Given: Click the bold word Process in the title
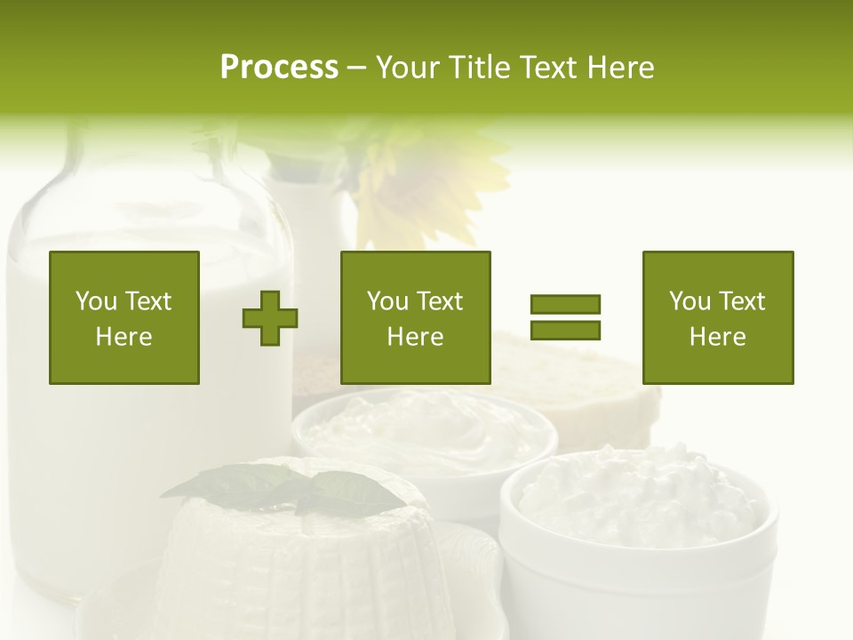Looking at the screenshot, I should pyautogui.click(x=279, y=67).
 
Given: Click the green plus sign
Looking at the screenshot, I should pyautogui.click(x=270, y=318).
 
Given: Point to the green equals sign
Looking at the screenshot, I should pyautogui.click(x=565, y=317).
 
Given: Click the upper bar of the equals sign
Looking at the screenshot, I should pyautogui.click(x=565, y=304).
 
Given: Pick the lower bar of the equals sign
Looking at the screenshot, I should pyautogui.click(x=565, y=330).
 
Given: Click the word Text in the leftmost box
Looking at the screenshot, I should pyautogui.click(x=147, y=301).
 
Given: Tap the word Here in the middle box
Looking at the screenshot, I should pyautogui.click(x=416, y=337).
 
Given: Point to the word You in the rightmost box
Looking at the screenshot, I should pyautogui.click(x=690, y=301).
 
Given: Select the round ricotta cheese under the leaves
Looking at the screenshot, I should pyautogui.click(x=293, y=560).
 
